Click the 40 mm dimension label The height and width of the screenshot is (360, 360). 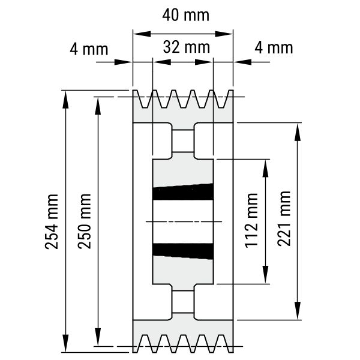pos(186,16)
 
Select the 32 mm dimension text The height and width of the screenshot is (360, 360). pos(187,47)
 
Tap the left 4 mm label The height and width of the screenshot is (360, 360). pos(89,49)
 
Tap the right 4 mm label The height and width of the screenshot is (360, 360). pos(274,48)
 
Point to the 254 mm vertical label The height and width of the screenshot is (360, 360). pos(52,221)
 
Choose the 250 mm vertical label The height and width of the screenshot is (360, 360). pos(84,221)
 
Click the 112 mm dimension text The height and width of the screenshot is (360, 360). pos(251,221)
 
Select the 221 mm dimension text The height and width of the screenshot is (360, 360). pos(284,218)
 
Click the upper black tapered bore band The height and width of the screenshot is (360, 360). pos(183,192)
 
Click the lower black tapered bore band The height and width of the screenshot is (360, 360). pos(183,251)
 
